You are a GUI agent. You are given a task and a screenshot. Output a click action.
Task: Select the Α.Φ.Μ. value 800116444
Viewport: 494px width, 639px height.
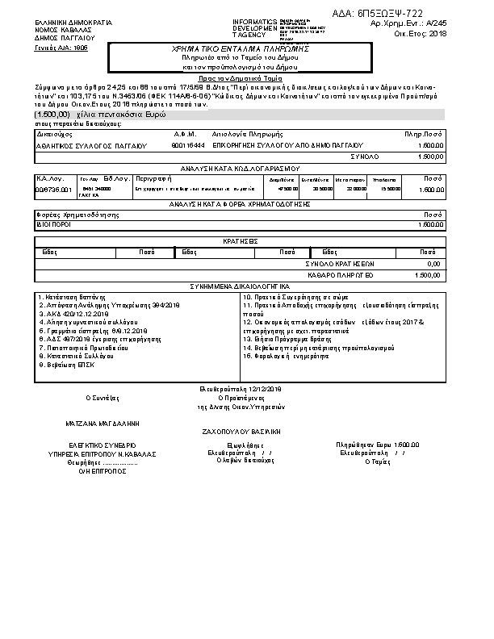(188, 145)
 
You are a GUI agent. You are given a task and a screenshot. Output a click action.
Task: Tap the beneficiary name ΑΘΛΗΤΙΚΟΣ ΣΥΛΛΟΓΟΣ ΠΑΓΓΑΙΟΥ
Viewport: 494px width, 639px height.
(92, 145)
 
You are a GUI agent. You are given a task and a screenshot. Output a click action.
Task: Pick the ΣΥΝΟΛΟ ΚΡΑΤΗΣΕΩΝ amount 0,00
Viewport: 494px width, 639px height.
(433, 264)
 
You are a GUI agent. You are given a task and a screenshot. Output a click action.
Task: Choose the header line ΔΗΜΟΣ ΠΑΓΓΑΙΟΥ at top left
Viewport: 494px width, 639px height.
(65, 38)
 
